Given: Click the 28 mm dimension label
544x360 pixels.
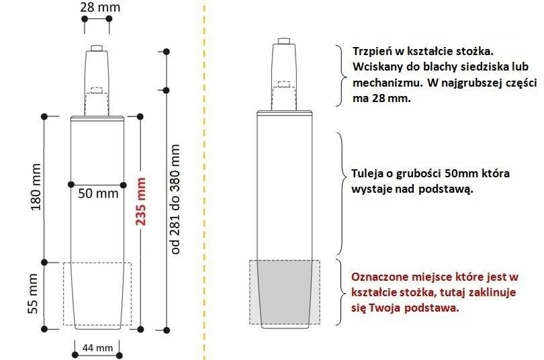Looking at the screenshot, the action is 100,7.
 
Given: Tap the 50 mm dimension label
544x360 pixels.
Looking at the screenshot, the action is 98,193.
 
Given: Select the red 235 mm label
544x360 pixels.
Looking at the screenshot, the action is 140,201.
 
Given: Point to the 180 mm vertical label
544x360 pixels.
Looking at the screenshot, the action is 36,187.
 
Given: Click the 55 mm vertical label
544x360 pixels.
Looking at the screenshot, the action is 33,294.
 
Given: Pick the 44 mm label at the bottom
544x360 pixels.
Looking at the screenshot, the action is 97,347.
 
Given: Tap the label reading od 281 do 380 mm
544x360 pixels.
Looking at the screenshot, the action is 175,199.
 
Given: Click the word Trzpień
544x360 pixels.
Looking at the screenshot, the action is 373,51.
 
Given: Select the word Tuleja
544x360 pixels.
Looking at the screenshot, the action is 367,174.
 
